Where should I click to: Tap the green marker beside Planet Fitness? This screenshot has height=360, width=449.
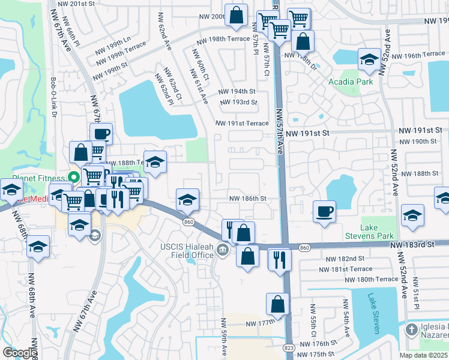click(73, 177)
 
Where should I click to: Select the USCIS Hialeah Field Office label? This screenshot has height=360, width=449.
click(187, 251)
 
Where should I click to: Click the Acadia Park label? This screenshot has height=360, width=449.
click(350, 82)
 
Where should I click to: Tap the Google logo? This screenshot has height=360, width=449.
click(19, 353)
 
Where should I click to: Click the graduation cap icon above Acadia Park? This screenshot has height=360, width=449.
click(368, 59)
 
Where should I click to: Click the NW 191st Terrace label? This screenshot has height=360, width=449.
click(243, 123)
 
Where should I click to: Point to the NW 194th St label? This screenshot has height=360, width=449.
click(238, 91)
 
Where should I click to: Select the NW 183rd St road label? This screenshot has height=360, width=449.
click(411, 244)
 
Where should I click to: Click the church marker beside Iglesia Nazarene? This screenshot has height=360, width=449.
click(411, 329)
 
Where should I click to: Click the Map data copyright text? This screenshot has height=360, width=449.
click(423, 355)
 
